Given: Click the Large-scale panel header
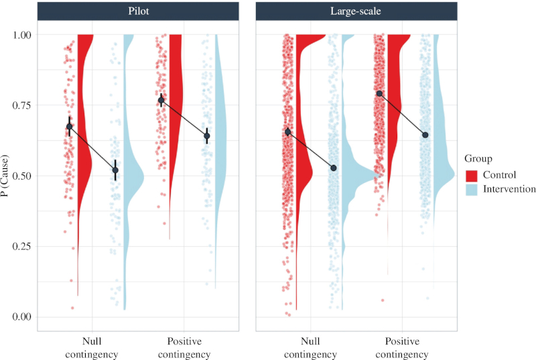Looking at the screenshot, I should (x=356, y=11).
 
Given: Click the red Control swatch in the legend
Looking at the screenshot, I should (x=472, y=175).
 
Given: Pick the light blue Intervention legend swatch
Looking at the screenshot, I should (x=472, y=190).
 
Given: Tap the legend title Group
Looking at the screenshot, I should (x=478, y=159).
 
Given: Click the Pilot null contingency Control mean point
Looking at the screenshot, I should (x=70, y=126).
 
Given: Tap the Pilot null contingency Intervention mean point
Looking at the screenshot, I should (x=115, y=170).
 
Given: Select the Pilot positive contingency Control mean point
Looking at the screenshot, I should (x=161, y=100).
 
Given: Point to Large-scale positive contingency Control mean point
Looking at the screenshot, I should (x=380, y=93).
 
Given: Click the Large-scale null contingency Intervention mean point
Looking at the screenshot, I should (x=334, y=168).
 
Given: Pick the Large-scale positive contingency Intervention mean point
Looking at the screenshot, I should (x=425, y=135).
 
